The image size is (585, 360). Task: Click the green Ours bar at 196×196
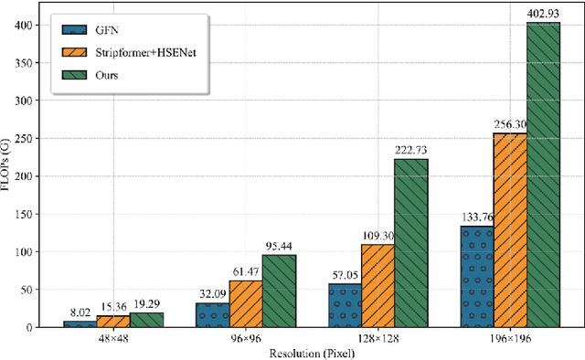[542, 175]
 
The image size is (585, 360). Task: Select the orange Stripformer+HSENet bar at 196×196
[509, 230]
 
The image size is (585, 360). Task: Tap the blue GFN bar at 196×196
[476, 277]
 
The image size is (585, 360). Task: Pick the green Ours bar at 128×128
[410, 243]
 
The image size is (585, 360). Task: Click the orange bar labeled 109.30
[378, 286]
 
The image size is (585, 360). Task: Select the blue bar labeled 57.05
[345, 306]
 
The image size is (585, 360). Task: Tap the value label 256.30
[509, 124]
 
